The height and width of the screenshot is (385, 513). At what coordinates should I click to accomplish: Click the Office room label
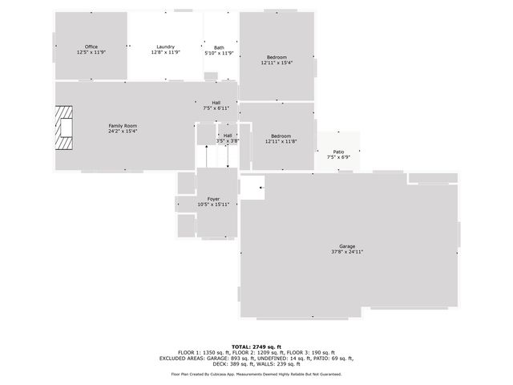pos(91,47)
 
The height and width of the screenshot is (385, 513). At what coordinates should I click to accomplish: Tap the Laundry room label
pos(166,47)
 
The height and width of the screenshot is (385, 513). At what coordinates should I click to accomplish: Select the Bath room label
pos(219,47)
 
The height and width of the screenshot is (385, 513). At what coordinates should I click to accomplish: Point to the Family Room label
pos(123,126)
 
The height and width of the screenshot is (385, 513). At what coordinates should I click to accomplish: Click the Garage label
pos(347,245)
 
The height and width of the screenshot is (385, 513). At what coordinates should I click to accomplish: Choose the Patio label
pos(338,152)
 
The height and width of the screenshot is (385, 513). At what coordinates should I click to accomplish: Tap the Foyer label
pos(214,198)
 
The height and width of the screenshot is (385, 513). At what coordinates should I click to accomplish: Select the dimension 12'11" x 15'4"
pos(277,63)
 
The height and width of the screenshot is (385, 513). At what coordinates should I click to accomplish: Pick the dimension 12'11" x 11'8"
pos(281,141)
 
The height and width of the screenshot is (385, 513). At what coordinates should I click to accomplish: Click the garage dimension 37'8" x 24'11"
pos(347,252)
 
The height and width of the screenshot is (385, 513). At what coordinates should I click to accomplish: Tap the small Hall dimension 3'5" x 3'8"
pos(228,141)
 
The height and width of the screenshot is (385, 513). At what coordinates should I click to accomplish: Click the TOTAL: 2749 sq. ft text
pos(256,346)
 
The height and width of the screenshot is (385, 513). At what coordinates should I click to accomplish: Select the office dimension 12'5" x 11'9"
pos(91,52)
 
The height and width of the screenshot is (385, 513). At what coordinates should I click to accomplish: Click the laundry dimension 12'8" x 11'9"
pos(166,52)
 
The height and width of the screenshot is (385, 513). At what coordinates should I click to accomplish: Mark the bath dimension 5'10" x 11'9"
pos(219,53)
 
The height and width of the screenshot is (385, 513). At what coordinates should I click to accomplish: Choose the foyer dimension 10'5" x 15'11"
pos(214,205)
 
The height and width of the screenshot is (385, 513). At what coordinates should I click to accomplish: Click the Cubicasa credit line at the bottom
pos(256,374)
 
